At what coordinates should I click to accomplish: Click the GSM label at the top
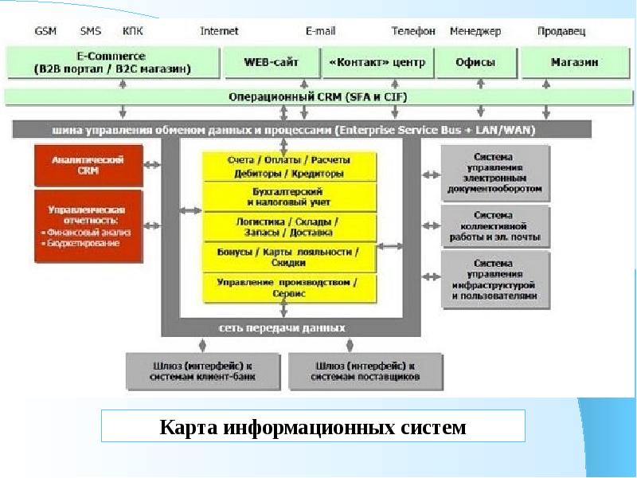coord(45,31)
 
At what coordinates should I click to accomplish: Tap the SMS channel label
coord(90,31)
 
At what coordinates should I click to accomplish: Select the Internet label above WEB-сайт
coord(219,31)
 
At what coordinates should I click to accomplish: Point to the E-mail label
coord(320,31)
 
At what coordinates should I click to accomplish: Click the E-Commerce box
coord(111,62)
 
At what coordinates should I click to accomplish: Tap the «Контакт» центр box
coord(377,62)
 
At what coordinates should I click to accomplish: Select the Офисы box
coord(476,62)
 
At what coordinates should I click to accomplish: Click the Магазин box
coord(575,62)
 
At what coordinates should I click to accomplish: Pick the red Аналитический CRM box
coord(88,165)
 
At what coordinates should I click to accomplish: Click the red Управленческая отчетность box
coord(88,226)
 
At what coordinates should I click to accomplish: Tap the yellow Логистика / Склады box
coord(290,227)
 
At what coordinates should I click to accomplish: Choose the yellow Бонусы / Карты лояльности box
coord(290,257)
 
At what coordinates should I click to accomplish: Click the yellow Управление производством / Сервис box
coord(290,287)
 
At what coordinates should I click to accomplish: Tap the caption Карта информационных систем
coord(313,427)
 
